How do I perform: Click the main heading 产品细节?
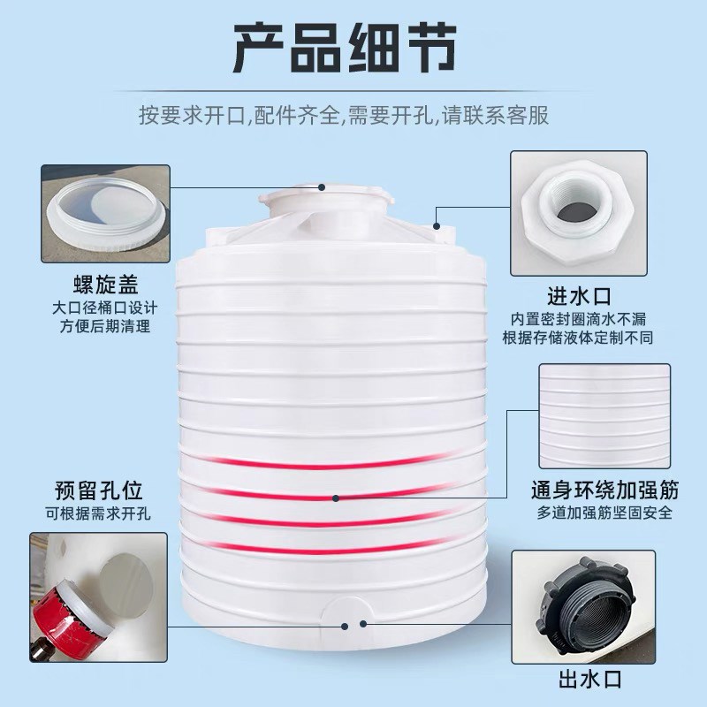353,49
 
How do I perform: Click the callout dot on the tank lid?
323,187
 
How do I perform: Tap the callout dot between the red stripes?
337,499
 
